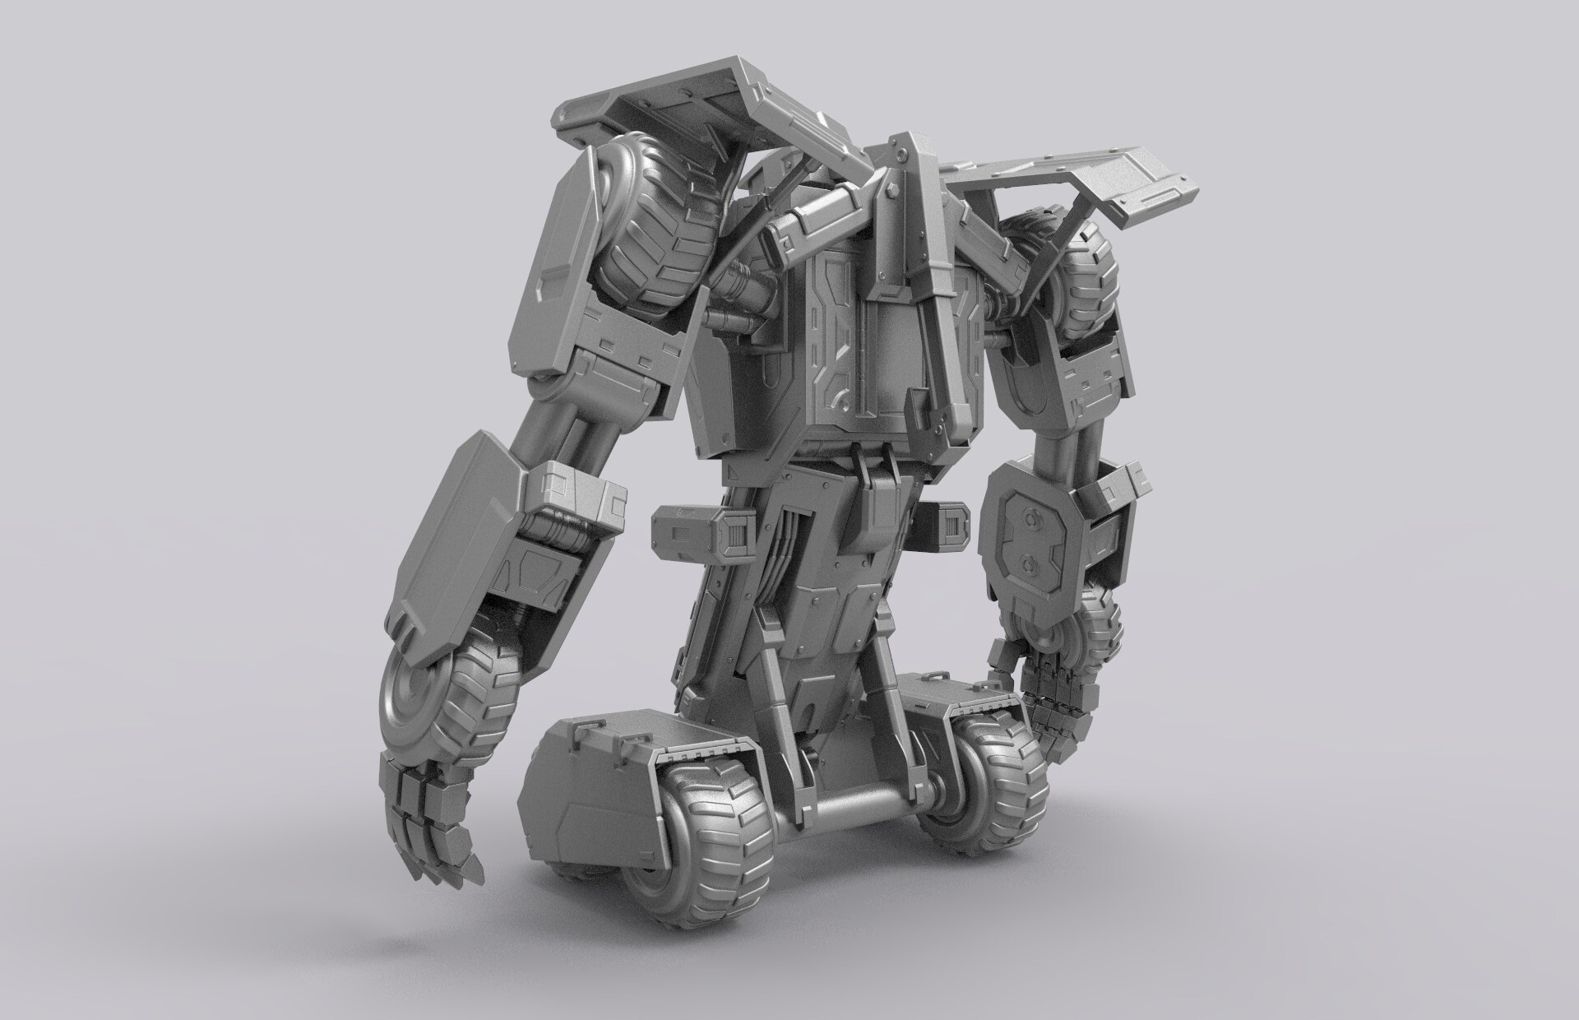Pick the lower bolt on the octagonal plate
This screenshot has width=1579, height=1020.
(1029, 565)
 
